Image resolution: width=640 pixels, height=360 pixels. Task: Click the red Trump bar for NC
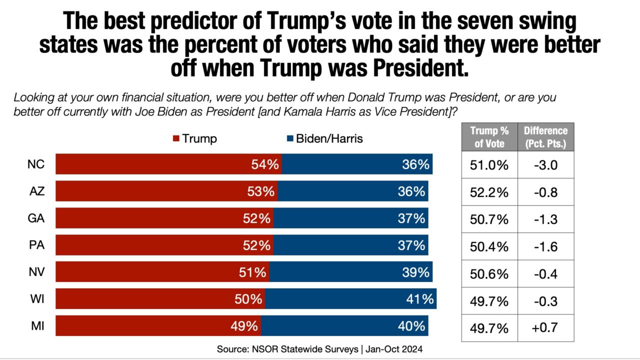point(168,164)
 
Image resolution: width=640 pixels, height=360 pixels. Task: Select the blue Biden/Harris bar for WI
point(350,299)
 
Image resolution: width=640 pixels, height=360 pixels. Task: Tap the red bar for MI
point(158,326)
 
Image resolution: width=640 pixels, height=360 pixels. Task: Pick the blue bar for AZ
point(352,191)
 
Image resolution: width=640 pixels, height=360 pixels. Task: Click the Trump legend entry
point(195,138)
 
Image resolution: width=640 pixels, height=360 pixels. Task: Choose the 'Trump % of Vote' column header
point(489,137)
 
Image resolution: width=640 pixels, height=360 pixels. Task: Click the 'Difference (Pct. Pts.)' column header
point(545,137)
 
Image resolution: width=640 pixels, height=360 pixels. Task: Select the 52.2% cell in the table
point(489,192)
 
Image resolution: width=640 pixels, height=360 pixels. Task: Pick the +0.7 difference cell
point(545,328)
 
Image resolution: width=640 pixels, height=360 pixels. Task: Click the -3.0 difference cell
point(545,165)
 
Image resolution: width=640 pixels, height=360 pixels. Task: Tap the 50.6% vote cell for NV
point(489,274)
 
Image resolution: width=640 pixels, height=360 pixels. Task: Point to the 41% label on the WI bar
point(419,299)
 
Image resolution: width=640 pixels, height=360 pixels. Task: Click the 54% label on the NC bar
point(265,164)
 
